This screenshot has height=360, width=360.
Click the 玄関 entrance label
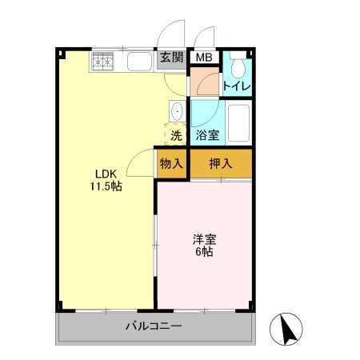170,58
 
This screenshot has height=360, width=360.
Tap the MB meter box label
204,58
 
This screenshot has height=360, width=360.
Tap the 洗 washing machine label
176,135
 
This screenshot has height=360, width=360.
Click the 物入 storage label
171,165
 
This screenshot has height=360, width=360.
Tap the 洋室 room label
203,238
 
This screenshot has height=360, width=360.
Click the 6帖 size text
203,252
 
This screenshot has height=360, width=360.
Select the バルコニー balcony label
154,326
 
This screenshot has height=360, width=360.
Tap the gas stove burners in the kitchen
103,60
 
